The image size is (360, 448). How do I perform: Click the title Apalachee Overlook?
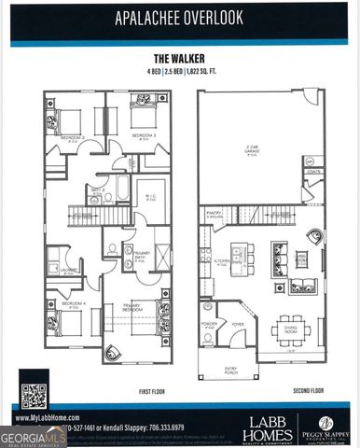(179, 17)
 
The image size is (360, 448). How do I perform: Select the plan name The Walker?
(179, 58)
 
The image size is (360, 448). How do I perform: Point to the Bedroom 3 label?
(143, 136)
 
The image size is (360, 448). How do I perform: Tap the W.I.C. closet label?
(148, 195)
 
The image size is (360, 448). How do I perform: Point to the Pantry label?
(214, 212)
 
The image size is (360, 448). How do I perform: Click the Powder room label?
(208, 325)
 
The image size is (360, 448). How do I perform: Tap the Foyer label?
(238, 325)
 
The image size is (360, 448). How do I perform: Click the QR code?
(34, 397)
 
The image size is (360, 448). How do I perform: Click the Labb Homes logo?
(268, 428)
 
